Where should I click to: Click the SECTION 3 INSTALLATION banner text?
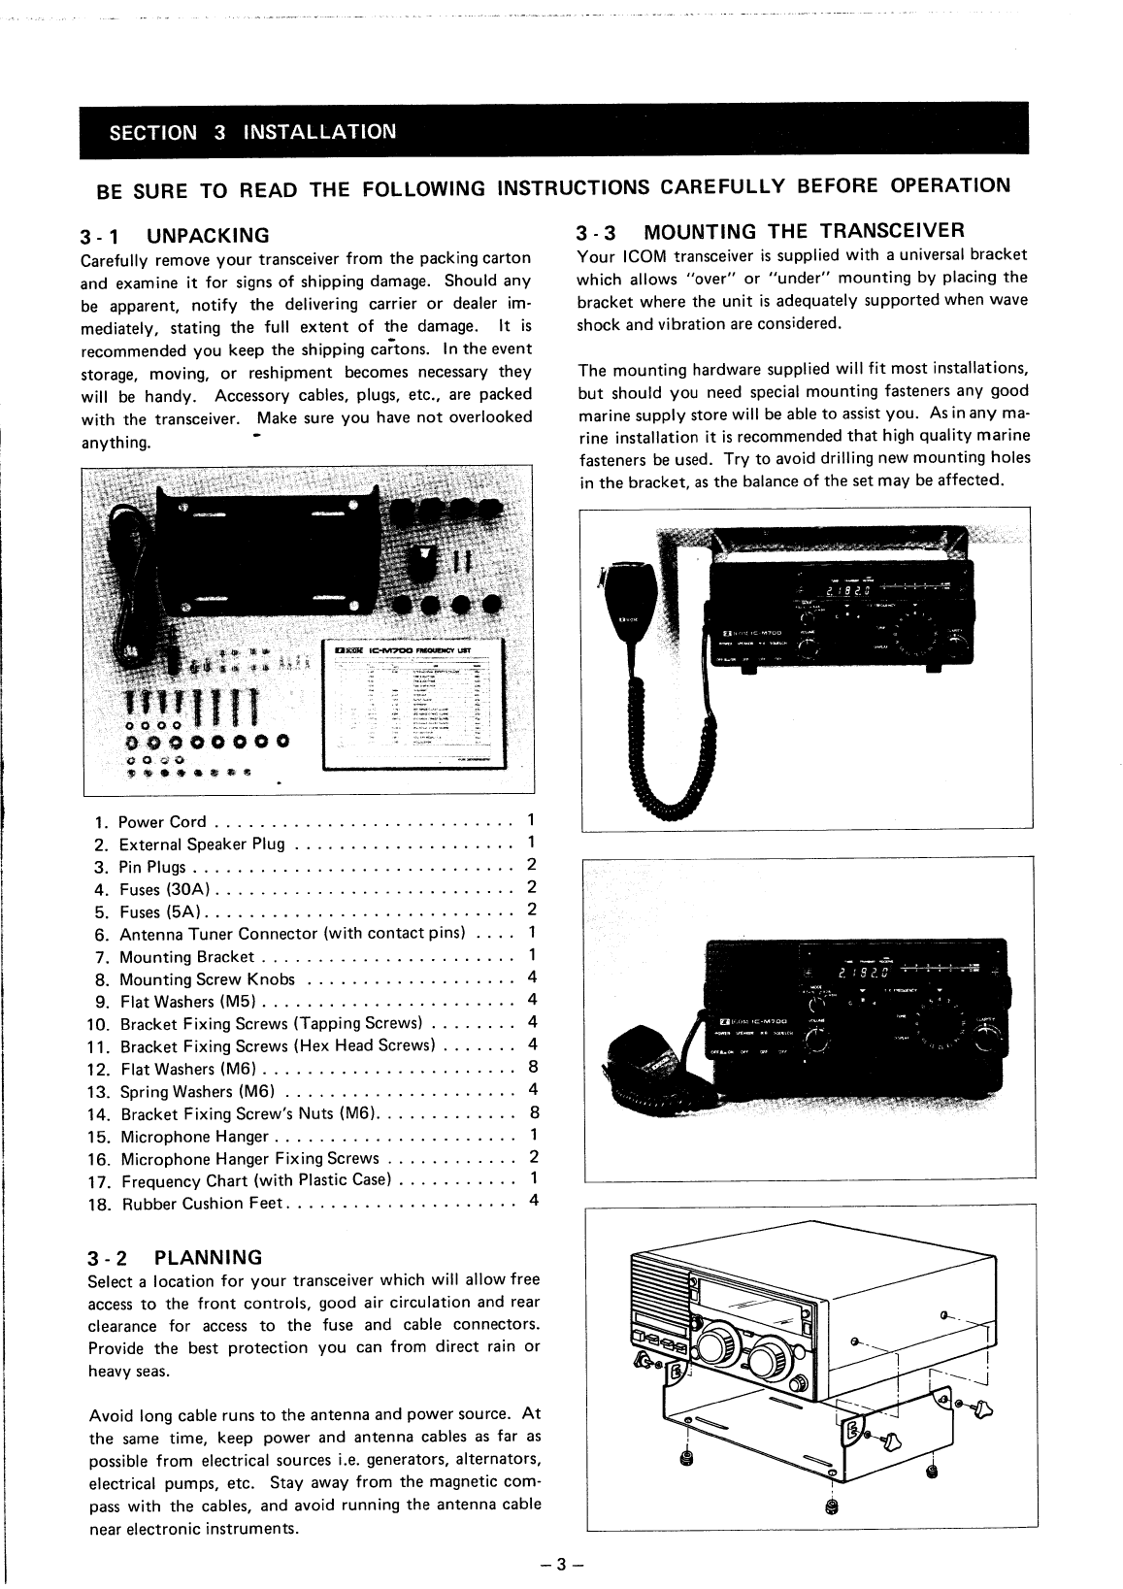tap(252, 132)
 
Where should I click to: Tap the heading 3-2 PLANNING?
tap(175, 1258)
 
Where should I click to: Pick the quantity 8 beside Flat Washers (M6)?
tap(533, 1069)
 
